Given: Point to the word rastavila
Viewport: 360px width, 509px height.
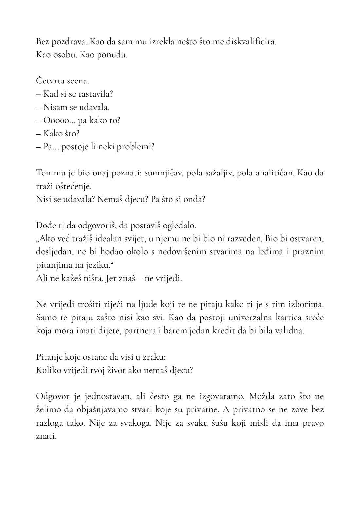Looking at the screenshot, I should (95, 94).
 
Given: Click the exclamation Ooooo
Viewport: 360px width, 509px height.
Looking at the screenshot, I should (55, 120).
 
